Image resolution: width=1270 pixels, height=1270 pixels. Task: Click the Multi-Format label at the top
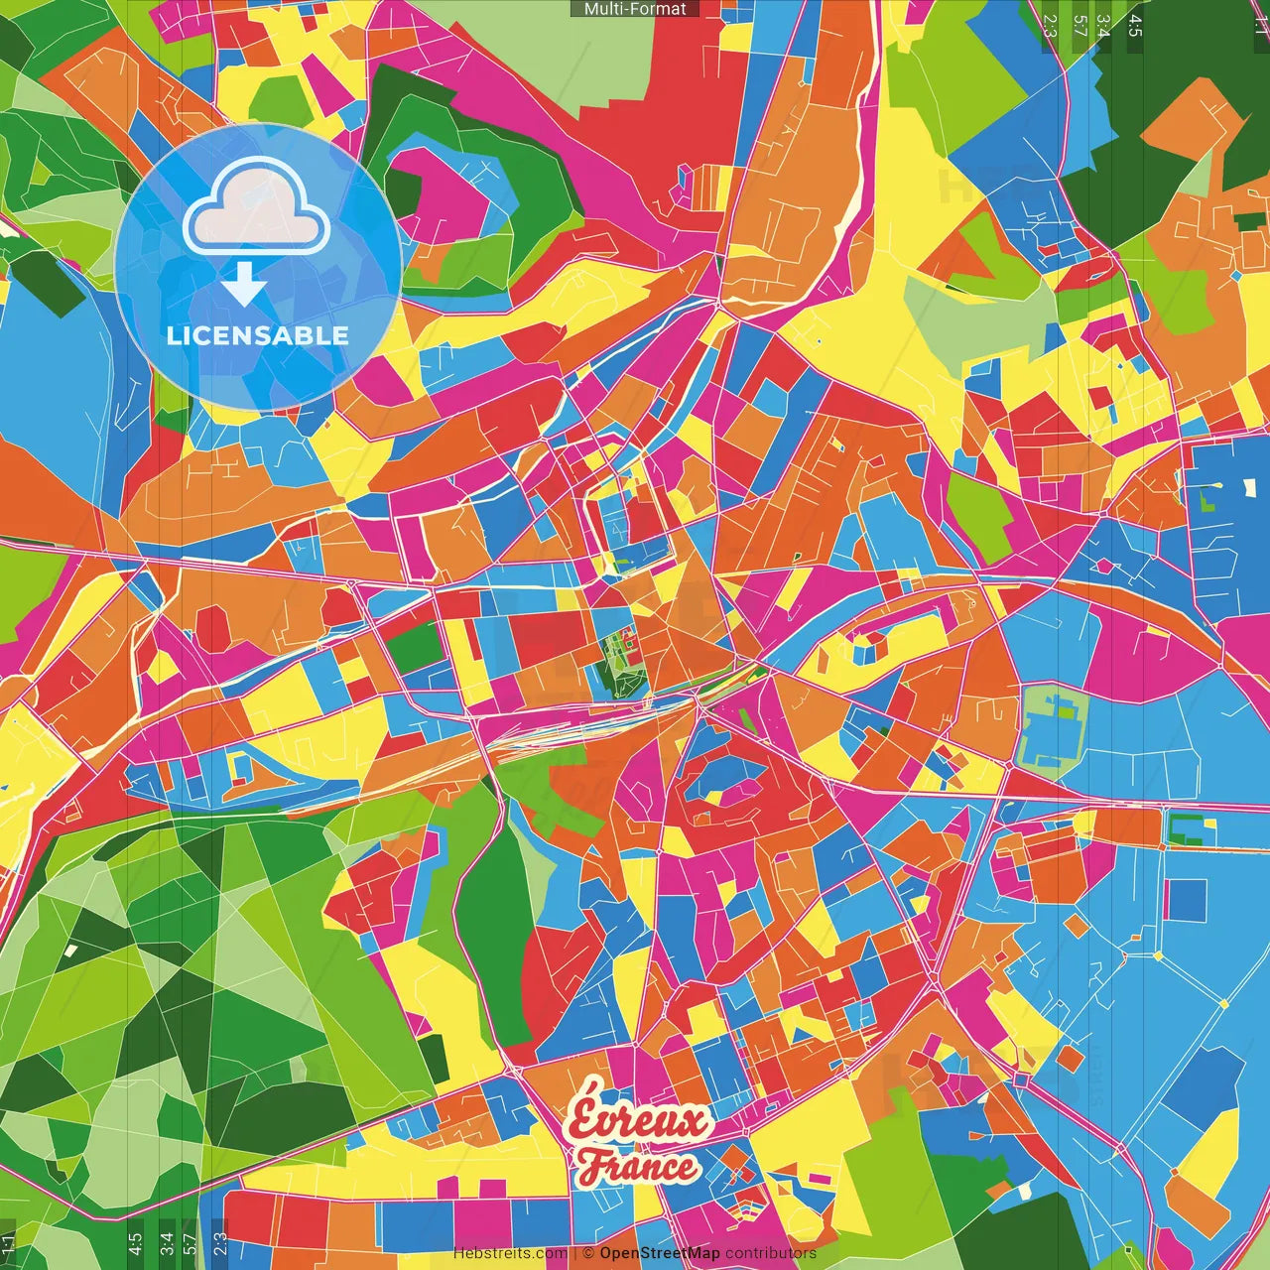pos(635,9)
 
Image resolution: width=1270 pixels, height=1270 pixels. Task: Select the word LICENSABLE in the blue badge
pos(258,335)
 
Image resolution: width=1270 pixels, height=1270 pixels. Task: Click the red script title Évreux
pos(640,1119)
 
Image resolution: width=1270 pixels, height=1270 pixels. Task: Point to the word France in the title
pos(638,1167)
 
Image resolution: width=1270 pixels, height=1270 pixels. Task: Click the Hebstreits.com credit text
pos(511,1253)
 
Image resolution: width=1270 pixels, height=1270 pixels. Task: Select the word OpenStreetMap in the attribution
pos(660,1253)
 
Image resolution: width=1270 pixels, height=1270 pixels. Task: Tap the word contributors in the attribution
pos(771,1253)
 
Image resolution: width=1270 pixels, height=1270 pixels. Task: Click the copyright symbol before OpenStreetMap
pos(588,1253)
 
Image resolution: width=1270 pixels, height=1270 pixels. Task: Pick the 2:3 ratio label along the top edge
pos(1050,25)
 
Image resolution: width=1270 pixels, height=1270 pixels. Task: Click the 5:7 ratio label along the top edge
pos(1079,25)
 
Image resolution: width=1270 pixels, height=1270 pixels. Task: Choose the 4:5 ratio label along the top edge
pos(1135,25)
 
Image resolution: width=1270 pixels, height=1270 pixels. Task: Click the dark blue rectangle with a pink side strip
pos(1185,899)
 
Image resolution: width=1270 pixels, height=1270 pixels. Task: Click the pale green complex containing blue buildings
pos(1052,728)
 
